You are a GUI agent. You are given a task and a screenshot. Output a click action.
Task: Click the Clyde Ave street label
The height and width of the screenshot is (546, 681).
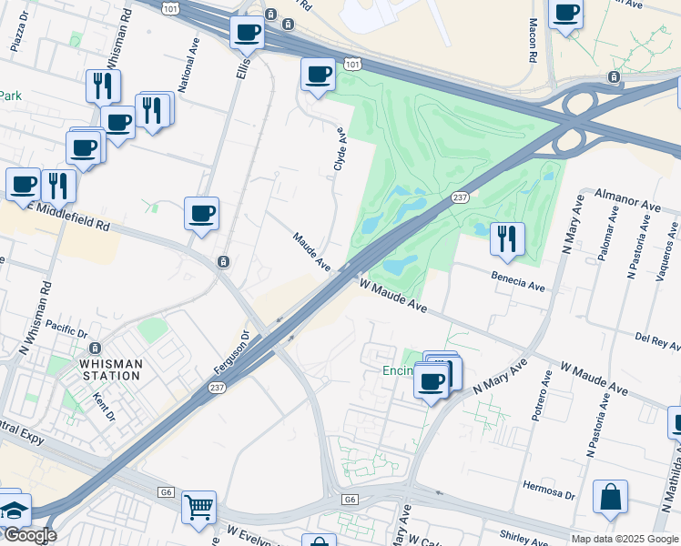(340, 148)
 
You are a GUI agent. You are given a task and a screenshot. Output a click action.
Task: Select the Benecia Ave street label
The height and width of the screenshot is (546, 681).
(517, 281)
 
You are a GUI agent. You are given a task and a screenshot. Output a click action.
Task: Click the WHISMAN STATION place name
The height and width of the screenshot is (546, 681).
(112, 369)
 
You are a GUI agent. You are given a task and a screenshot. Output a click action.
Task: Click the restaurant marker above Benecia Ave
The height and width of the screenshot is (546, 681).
(506, 238)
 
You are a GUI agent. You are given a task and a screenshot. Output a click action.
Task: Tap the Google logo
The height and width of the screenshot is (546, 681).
(29, 535)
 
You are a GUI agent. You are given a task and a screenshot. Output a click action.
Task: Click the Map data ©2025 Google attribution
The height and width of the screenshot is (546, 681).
(625, 539)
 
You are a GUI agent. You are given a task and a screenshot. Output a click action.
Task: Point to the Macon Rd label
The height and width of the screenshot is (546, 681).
(533, 42)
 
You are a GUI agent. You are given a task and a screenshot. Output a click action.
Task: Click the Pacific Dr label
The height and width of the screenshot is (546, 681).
(65, 326)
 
